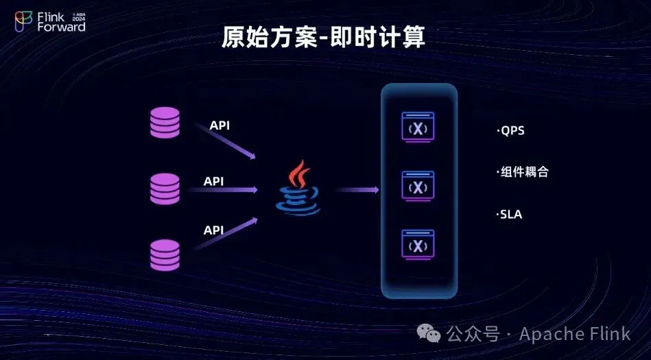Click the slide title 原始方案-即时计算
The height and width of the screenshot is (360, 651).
(323, 38)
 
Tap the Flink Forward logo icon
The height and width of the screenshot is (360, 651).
(23, 21)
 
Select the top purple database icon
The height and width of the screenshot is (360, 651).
(165, 123)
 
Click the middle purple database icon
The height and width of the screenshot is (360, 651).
(165, 189)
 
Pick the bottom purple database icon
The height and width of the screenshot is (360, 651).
(165, 255)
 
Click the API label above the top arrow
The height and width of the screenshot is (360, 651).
(220, 125)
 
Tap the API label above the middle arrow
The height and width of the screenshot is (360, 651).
(213, 182)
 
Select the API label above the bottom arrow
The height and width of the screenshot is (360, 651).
(213, 230)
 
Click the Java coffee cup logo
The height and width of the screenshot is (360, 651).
(298, 188)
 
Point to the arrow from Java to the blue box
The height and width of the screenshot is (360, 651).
(357, 190)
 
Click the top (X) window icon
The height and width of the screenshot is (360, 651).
(418, 127)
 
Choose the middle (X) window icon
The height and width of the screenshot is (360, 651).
(418, 186)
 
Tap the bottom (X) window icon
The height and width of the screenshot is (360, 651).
(418, 245)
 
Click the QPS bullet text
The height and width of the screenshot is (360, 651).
(510, 131)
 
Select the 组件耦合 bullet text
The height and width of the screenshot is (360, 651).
(522, 172)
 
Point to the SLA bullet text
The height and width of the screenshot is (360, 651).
(509, 215)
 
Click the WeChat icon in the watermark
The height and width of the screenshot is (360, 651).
(429, 333)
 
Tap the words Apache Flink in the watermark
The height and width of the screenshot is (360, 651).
(575, 334)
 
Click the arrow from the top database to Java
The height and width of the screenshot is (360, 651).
(226, 141)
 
